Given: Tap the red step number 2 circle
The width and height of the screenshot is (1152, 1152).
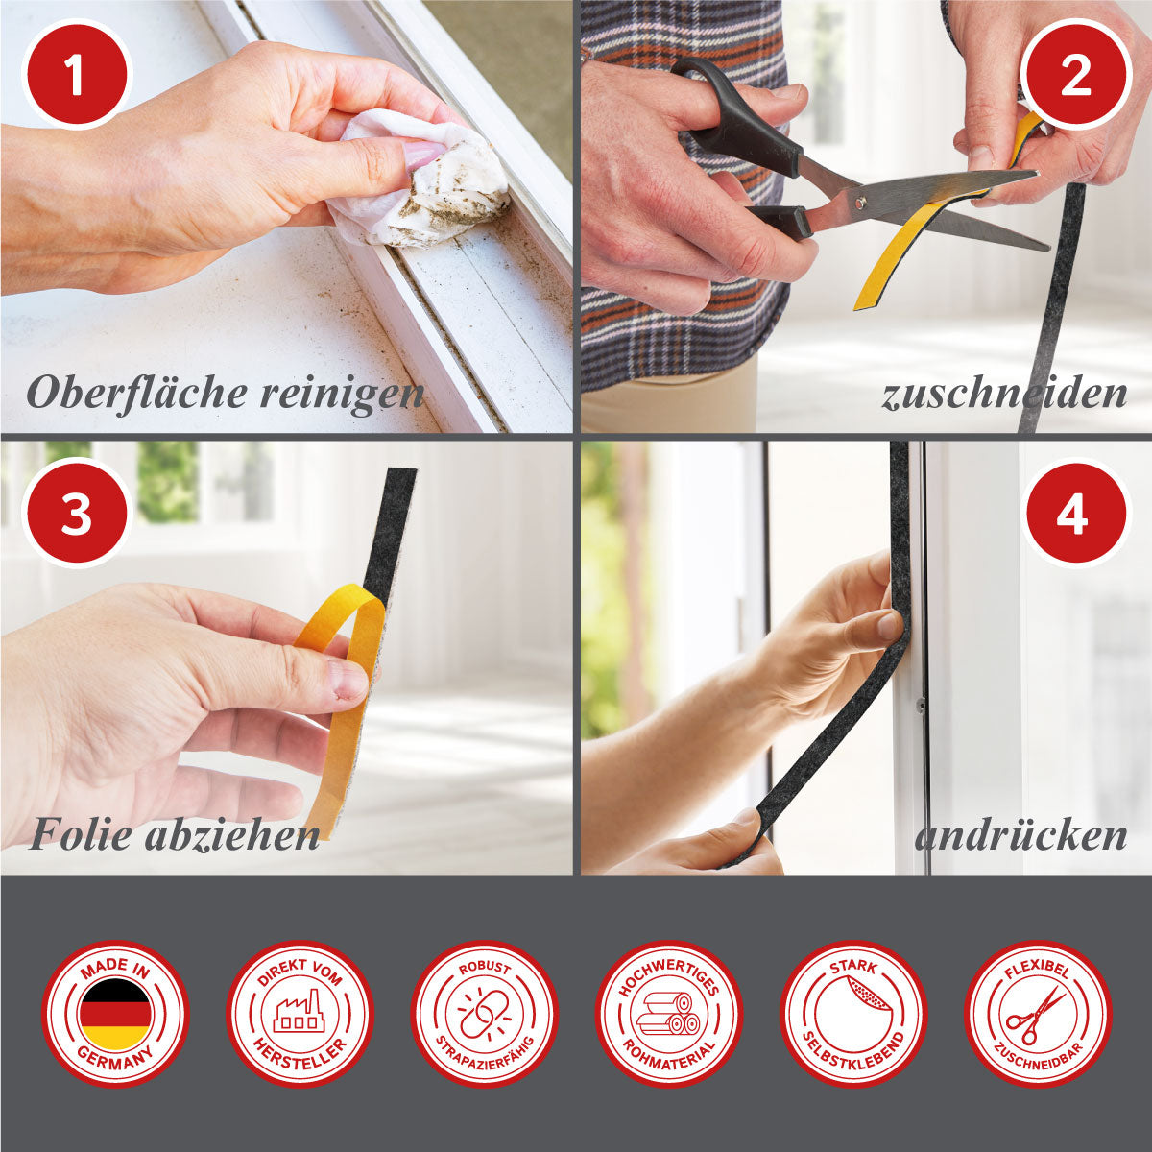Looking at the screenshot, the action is [x=1075, y=75].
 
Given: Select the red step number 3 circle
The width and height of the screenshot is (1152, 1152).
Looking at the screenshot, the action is [x=77, y=514].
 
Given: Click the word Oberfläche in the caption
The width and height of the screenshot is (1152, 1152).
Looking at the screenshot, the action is [x=136, y=393].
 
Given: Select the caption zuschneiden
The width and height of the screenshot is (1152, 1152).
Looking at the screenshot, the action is [x=1004, y=394].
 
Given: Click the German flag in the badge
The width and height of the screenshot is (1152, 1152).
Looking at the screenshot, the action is [x=115, y=1014].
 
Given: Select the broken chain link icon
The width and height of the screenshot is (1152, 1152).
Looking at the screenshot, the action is [x=484, y=1014].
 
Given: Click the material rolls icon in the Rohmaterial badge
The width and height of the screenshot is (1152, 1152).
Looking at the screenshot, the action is [x=669, y=1014].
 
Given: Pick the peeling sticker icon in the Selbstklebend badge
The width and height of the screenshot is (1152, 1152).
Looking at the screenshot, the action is [x=853, y=1014].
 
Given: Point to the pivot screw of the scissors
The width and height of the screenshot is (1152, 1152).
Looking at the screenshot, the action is [x=861, y=204].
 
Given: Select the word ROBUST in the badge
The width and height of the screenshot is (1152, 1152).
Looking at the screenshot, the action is [x=484, y=969].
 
